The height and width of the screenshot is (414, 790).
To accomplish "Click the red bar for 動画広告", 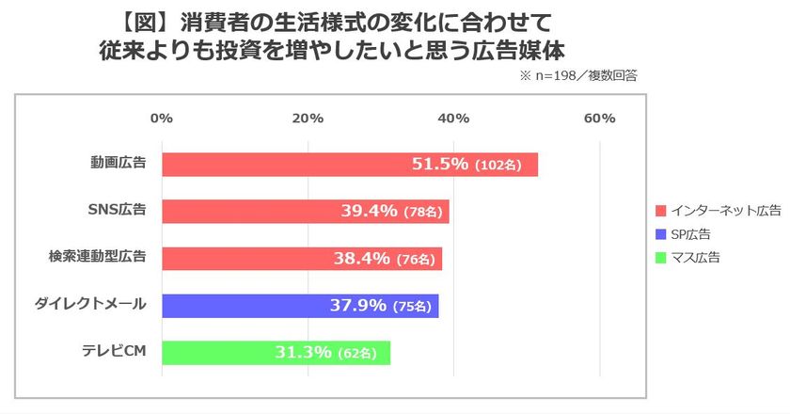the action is [350, 165].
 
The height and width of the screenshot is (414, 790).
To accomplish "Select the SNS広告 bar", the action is [306, 212].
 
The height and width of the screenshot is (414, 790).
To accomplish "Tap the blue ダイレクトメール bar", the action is [300, 306].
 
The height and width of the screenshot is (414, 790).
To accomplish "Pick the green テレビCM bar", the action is [276, 353].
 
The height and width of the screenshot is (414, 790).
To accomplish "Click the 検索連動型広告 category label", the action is [97, 256].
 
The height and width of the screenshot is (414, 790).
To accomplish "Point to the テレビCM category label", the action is [115, 351].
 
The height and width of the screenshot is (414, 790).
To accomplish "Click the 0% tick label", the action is [162, 119].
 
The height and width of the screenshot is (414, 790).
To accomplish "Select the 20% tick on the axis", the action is [308, 119].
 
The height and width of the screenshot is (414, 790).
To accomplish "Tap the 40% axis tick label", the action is [453, 119].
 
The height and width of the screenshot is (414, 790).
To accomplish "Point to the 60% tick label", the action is [600, 119].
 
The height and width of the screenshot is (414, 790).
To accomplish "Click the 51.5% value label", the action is [440, 164].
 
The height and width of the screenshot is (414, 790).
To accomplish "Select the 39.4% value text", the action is [370, 211].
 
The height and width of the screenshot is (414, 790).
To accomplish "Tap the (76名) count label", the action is [416, 259].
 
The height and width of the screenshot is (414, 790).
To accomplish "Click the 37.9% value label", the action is [358, 305].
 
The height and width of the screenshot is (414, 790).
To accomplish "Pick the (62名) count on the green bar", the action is [357, 353].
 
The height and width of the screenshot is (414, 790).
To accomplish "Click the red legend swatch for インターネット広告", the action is [661, 211].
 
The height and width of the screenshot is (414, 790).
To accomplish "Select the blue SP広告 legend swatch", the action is [661, 234].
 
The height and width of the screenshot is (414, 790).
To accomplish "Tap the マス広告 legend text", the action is [695, 258].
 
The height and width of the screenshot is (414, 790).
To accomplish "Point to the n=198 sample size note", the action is [555, 76].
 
